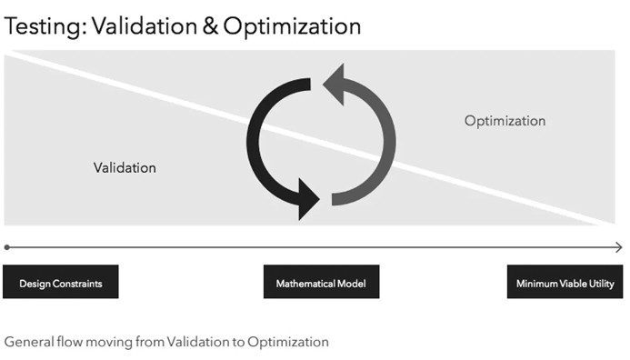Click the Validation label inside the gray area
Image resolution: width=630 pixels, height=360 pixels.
click(x=125, y=167)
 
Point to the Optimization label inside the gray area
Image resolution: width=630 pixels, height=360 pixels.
click(x=505, y=121)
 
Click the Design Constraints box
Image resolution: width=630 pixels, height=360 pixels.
click(x=61, y=283)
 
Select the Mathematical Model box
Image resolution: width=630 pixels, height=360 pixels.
click(x=321, y=283)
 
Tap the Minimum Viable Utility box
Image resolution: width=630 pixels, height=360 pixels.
click(x=565, y=283)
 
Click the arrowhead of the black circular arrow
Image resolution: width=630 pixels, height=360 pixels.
click(x=308, y=197)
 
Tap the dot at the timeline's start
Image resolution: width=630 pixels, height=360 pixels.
click(x=7, y=246)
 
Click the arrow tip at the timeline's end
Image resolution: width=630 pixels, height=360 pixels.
click(x=619, y=246)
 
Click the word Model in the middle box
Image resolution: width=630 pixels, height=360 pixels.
click(x=351, y=284)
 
